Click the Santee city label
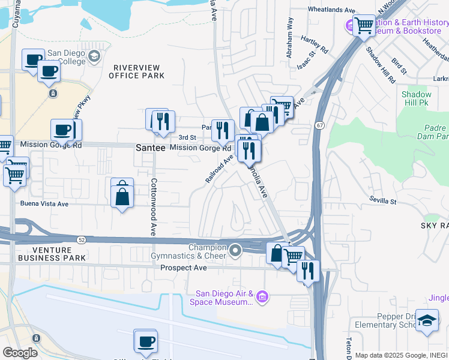coord(150,147)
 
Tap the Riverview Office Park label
coord(137,71)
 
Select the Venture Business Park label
coord(52,254)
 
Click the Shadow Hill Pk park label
coord(416,98)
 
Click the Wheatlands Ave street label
coord(331,10)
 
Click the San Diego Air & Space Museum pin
coord(262,296)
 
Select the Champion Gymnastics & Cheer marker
coord(235,251)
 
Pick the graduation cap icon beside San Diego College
coord(94,56)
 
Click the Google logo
coord(20,353)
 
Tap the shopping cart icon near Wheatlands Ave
coord(364,26)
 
